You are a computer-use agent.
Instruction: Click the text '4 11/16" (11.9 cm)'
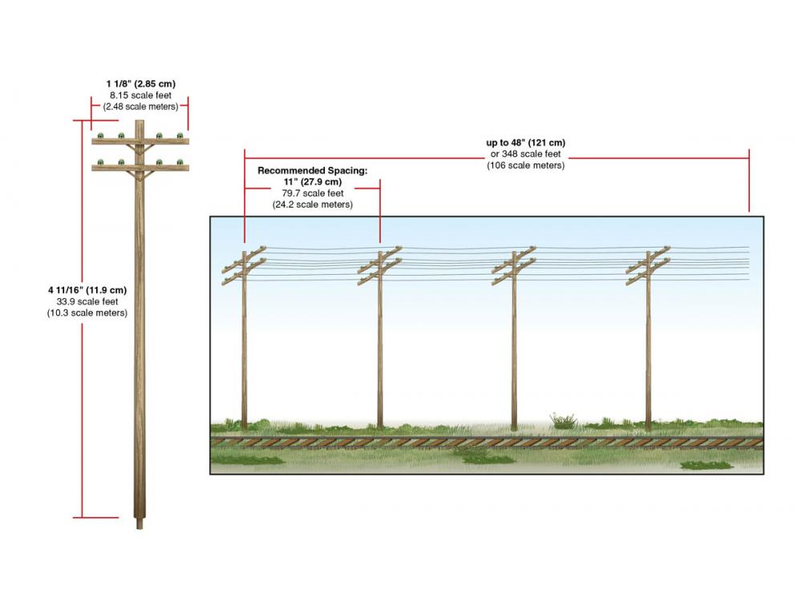tap(87, 290)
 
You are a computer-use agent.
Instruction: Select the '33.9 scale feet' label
tap(87, 301)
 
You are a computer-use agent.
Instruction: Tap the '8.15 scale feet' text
tap(140, 95)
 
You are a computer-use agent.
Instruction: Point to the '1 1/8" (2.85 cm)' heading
tap(140, 84)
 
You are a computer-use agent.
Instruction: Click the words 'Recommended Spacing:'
tap(313, 171)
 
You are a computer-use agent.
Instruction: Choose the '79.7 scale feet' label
tap(313, 193)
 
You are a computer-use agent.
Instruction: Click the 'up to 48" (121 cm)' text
tap(526, 143)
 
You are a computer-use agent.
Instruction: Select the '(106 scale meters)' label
tap(526, 166)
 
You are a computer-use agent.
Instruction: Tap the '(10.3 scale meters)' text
tap(87, 313)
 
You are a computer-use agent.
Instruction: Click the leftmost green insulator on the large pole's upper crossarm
tap(101, 136)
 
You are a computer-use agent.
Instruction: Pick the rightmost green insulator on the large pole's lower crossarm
tap(180, 163)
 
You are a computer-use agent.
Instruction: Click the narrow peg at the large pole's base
tap(139, 524)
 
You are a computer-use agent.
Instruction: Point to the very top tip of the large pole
tap(140, 121)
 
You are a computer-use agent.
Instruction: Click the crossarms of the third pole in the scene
tap(513, 266)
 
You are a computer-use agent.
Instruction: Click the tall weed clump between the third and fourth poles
tap(564, 421)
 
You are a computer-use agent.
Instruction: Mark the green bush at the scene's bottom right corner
tap(707, 465)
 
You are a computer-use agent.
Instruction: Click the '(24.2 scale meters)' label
tap(313, 204)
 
